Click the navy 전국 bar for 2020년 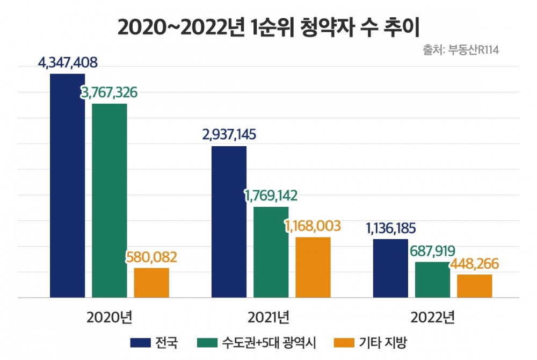(x=68, y=185)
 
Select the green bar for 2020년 (x=110, y=200)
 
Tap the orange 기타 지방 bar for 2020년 (x=151, y=282)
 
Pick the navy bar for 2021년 (x=229, y=221)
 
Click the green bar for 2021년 (x=271, y=251)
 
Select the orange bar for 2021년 (x=313, y=267)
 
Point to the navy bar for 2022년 (x=390, y=268)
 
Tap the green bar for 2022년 (x=432, y=279)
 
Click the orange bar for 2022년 (x=474, y=285)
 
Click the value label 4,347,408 (x=68, y=63)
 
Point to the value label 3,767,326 (x=110, y=92)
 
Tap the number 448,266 (x=474, y=264)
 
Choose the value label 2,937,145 (x=229, y=135)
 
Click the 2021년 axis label (x=271, y=317)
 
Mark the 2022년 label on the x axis (x=432, y=317)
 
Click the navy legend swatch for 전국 (x=140, y=342)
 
